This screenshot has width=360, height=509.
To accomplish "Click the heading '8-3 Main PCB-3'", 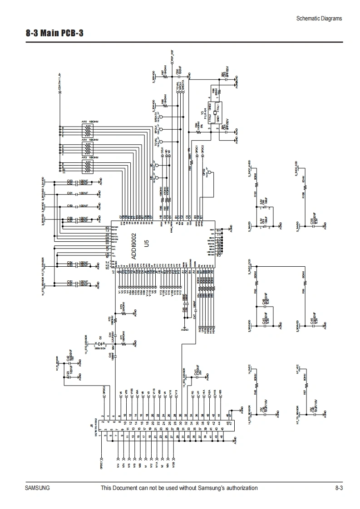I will click(54, 34).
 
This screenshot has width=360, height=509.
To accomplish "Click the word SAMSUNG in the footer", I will click(37, 488).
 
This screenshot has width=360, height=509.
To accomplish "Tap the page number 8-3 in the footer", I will click(339, 488).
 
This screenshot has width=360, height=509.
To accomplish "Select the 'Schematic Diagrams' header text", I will click(319, 19).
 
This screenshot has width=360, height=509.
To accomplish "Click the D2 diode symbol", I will click(99, 343).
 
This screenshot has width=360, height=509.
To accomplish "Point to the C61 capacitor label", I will click(70, 193).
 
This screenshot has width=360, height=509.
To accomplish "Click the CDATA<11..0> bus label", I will click(59, 81).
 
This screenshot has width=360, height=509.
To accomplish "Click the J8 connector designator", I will click(91, 426).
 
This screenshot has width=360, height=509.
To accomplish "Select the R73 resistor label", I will click(121, 307).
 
